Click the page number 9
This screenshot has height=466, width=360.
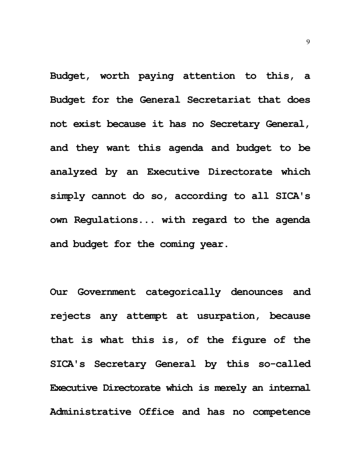pos(308,42)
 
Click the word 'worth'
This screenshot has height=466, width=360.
pos(114,76)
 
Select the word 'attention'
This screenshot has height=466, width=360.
pos(209,76)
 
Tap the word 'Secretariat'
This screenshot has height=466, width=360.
pos(219,100)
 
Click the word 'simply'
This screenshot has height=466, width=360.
pos(67,196)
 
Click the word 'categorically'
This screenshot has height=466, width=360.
pos(183,292)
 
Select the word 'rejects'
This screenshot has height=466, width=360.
pos(70,316)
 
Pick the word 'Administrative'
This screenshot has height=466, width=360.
pos(90,412)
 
